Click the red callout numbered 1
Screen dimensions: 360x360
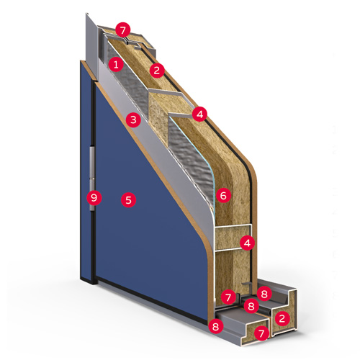(x=116, y=65)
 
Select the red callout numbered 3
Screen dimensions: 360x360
(x=133, y=120)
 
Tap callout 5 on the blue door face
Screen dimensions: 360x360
(x=128, y=199)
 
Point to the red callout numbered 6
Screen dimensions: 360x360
(x=223, y=195)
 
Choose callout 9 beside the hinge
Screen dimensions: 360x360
(x=94, y=198)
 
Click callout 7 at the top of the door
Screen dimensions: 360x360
(x=122, y=30)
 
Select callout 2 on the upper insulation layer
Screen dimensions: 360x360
(x=157, y=71)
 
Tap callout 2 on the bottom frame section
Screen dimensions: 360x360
(x=282, y=318)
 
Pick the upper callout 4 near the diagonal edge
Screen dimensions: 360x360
(x=199, y=114)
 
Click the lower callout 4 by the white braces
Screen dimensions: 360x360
(x=247, y=243)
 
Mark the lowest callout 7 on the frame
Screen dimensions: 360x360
(x=261, y=333)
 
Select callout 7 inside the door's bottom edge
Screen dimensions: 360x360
(x=228, y=297)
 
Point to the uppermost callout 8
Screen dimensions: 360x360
(x=264, y=294)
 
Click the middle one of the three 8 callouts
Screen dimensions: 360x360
(x=251, y=306)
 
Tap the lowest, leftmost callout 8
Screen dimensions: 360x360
(x=216, y=326)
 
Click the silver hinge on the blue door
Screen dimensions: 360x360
(x=92, y=178)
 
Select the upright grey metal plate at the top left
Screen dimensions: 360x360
(x=92, y=45)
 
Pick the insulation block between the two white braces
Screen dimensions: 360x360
(x=228, y=238)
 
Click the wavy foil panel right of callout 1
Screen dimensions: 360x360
(x=131, y=79)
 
